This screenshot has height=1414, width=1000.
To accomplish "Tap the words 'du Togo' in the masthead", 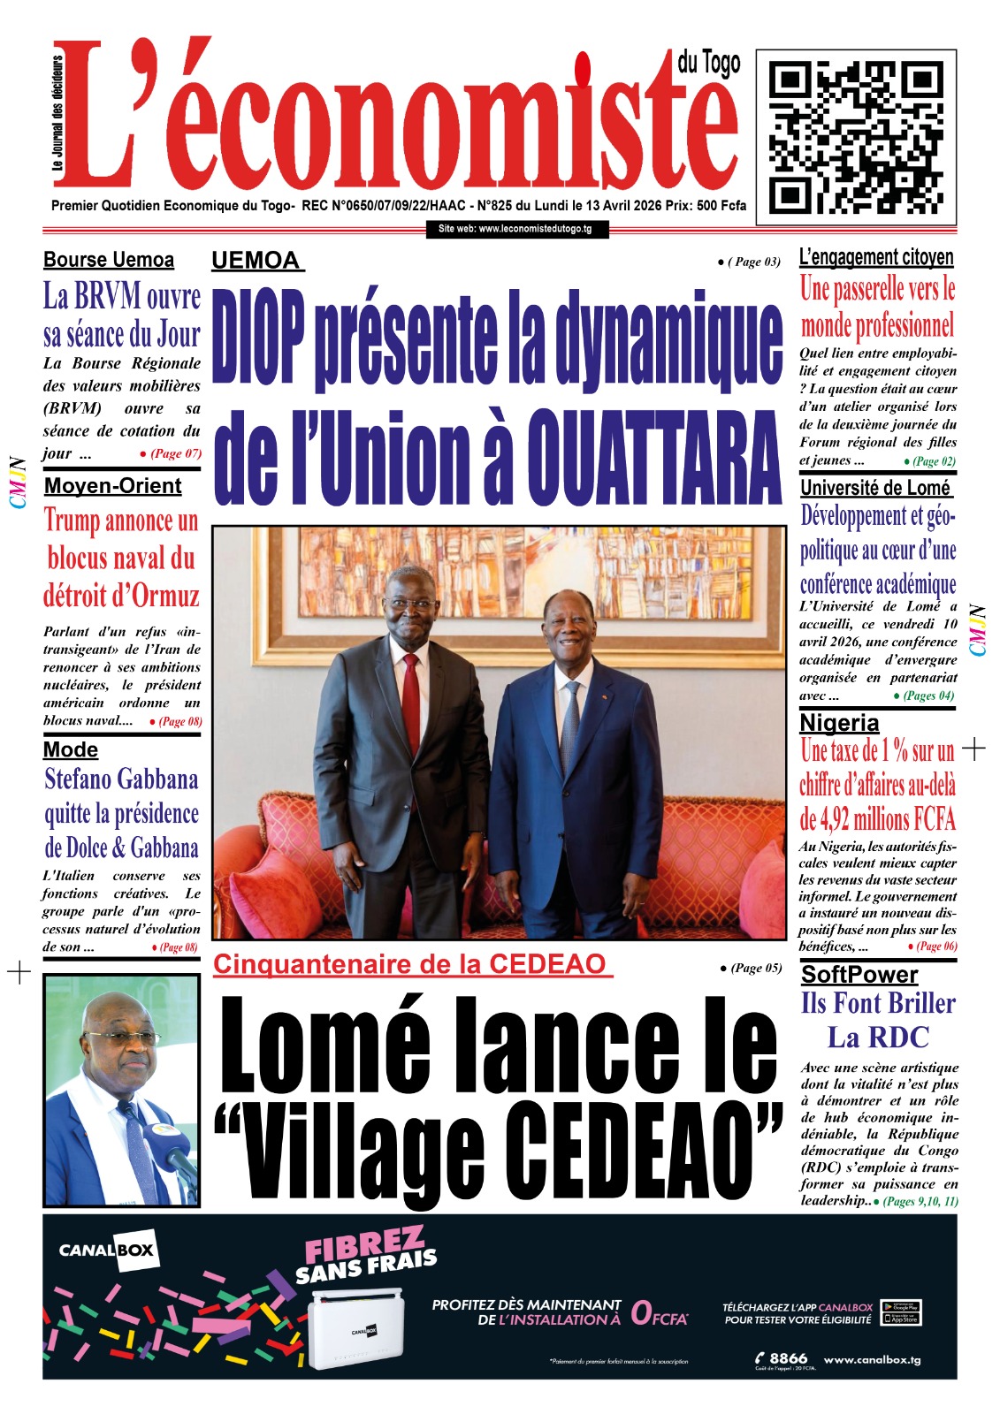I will (709, 63).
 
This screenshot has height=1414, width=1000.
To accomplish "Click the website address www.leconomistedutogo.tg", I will (515, 229).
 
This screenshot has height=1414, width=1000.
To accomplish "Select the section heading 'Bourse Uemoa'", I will (109, 260).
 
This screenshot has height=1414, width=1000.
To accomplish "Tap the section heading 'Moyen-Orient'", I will (112, 486).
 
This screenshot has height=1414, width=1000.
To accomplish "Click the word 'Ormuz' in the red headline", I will (166, 596).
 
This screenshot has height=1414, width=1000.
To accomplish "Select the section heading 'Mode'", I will (71, 749).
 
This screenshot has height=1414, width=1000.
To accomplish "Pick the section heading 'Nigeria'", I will (839, 723).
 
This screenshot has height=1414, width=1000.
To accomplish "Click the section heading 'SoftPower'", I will (859, 974).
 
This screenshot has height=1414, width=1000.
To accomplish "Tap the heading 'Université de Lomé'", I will (875, 488).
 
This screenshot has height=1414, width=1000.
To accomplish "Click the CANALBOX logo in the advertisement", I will (107, 1251).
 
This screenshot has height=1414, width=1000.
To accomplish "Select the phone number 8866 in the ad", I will (788, 1358).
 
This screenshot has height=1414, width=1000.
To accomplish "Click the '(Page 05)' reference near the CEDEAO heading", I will (751, 968).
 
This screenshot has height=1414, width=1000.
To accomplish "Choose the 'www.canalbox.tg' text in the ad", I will (872, 1359).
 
